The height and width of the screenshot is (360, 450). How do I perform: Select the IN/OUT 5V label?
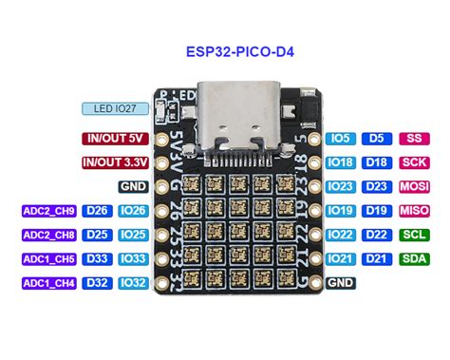pyautogui.click(x=115, y=138)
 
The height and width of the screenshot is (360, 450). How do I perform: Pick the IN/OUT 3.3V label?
pyautogui.click(x=115, y=161)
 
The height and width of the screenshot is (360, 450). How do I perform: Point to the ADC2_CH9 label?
pyautogui.click(x=48, y=210)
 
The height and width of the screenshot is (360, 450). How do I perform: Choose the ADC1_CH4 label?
pyautogui.click(x=48, y=282)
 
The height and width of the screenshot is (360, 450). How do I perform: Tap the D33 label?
pyautogui.click(x=97, y=258)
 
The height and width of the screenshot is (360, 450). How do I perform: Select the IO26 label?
pyautogui.click(x=133, y=210)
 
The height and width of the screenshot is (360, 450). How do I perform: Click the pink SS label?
pyautogui.click(x=412, y=138)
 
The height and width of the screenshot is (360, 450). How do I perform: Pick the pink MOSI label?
pyautogui.click(x=412, y=186)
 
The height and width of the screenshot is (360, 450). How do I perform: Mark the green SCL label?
pyautogui.click(x=412, y=235)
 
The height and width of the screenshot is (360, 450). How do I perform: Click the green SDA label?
pyautogui.click(x=412, y=258)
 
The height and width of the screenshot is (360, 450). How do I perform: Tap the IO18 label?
pyautogui.click(x=341, y=161)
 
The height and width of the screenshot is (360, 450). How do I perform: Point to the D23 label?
pyautogui.click(x=377, y=186)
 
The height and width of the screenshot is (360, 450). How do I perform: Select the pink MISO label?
pyautogui.click(x=412, y=210)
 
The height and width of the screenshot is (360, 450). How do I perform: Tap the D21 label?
pyautogui.click(x=377, y=258)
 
